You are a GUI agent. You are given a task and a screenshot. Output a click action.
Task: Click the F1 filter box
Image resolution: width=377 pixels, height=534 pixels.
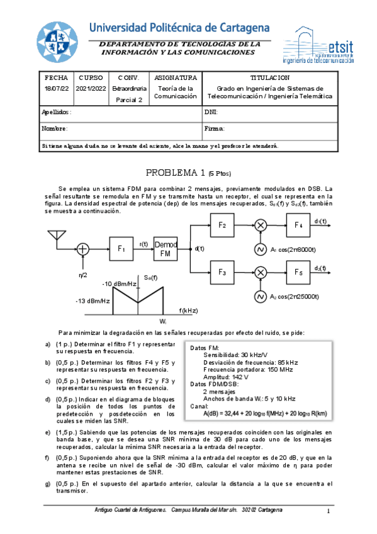122,249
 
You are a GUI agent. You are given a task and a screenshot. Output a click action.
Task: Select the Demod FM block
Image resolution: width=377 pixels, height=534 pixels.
166,249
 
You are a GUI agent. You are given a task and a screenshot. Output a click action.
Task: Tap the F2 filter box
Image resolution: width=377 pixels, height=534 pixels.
222,225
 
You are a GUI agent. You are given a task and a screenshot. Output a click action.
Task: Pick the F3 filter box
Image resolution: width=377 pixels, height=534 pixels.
222,272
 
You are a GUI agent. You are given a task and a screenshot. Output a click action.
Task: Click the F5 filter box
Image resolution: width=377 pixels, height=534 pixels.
298,272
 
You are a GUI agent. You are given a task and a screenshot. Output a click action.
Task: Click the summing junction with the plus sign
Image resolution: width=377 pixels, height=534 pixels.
82,249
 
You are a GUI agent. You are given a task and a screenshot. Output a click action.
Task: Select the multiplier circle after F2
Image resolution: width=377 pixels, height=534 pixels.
260,225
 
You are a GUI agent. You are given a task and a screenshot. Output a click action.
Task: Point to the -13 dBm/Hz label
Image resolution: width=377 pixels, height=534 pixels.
93,301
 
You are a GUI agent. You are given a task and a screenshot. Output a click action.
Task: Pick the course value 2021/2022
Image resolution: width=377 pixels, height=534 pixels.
91,89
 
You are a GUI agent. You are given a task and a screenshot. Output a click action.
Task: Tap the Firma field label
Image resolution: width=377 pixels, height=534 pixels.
215,128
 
